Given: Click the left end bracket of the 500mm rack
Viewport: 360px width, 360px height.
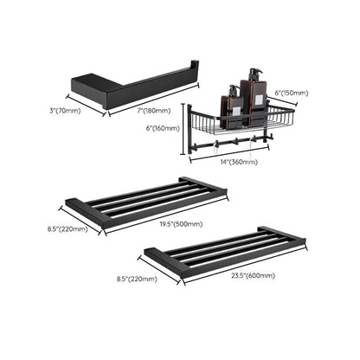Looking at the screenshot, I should (85, 211).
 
